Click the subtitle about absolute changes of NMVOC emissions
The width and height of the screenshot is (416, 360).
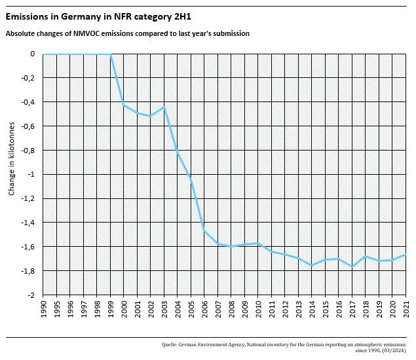click(x=127, y=33)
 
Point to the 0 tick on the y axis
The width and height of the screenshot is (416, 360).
click(x=32, y=54)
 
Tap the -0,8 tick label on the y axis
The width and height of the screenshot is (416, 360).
click(x=28, y=151)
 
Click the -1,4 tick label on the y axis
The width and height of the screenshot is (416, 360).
click(x=28, y=223)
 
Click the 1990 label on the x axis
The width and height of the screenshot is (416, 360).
click(x=43, y=309)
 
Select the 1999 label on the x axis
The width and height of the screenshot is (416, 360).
click(x=110, y=309)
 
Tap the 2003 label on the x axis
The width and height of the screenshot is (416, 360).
click(x=164, y=309)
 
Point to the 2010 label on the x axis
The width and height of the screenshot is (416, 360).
click(x=258, y=309)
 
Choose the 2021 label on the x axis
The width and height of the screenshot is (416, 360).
click(x=406, y=309)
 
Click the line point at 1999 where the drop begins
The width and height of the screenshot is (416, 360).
click(x=110, y=54)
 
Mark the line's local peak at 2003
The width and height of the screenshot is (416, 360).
click(x=164, y=107)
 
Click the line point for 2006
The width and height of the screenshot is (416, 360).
click(x=204, y=231)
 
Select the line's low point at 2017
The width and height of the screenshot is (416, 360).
click(x=352, y=266)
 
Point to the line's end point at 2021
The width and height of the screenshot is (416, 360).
click(x=406, y=254)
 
